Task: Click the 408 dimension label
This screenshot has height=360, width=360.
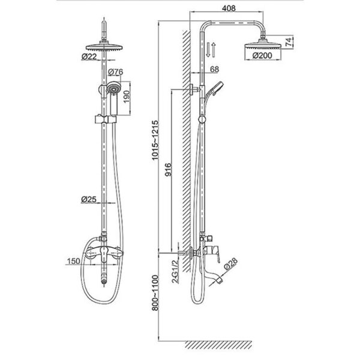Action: pos(229,8)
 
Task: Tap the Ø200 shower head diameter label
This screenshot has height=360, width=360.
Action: pos(262,56)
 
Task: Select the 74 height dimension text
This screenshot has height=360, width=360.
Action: pos(289,42)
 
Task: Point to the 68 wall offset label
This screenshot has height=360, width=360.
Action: pos(214,70)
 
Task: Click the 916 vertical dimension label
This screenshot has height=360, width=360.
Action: pos(168,169)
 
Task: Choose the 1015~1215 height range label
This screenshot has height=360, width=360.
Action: pos(155,140)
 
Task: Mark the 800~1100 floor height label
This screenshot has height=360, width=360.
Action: pos(155,293)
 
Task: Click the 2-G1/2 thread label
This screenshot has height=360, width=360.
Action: pos(175,272)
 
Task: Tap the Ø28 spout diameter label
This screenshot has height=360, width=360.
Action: pos(230,263)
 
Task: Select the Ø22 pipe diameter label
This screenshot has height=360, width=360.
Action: pos(89,56)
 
